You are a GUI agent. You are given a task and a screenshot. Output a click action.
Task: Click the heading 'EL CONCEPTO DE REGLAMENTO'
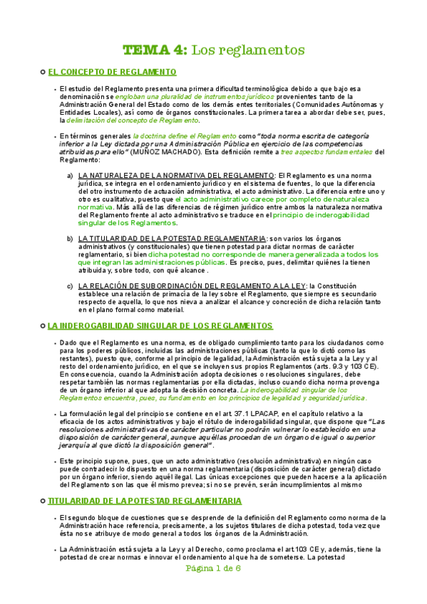(x=113, y=72)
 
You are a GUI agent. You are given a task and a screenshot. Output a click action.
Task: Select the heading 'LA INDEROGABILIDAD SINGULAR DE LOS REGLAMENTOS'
(x=160, y=326)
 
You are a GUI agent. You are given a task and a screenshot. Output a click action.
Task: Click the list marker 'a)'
(x=70, y=175)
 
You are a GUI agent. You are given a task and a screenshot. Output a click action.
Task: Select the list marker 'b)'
(x=70, y=238)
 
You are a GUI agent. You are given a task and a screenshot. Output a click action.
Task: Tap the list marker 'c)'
(x=70, y=286)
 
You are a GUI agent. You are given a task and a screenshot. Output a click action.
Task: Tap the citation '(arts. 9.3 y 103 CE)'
(x=343, y=366)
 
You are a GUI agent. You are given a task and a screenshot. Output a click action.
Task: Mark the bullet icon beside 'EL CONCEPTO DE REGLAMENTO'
(x=42, y=72)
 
